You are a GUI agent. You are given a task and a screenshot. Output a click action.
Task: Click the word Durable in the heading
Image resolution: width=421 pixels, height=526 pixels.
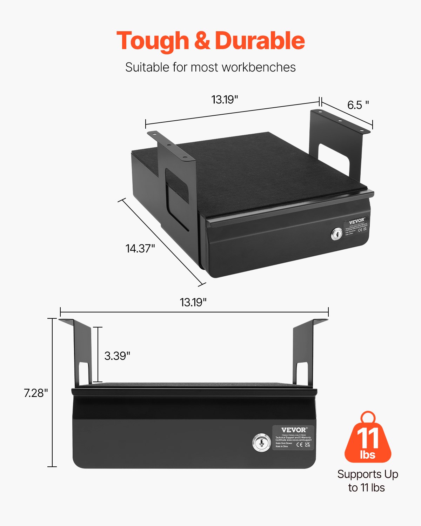[x=260, y=41]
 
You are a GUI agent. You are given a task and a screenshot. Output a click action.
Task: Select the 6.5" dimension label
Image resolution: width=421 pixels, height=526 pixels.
[x=358, y=105]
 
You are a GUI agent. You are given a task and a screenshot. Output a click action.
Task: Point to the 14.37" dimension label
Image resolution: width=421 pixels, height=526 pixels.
[x=140, y=248]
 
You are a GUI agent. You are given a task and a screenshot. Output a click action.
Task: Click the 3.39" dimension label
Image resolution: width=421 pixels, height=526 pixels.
[x=117, y=356]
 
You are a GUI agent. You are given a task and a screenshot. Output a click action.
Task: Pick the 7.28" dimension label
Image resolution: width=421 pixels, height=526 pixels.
[x=36, y=393]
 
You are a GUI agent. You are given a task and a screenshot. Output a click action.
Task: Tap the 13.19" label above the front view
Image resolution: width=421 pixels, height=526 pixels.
[x=193, y=302]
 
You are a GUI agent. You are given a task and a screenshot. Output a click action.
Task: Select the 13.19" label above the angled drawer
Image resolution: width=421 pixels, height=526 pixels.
[x=225, y=100]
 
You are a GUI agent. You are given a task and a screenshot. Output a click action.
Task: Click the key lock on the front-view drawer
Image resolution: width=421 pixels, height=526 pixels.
[x=261, y=443]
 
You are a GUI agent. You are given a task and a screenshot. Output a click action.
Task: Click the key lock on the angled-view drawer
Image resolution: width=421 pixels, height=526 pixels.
[x=336, y=234]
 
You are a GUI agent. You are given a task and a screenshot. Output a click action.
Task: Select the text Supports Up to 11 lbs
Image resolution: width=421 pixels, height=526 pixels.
[x=367, y=481]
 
